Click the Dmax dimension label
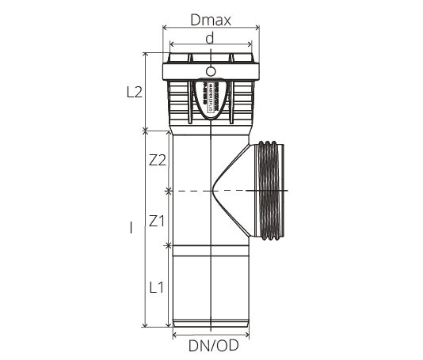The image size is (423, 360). [x=210, y=20]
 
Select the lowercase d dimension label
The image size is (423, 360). [x=209, y=37]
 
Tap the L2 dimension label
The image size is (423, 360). [x=134, y=92]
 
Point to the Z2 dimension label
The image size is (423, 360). [x=157, y=161]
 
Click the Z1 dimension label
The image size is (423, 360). [x=157, y=222]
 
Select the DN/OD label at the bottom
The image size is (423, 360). [x=212, y=344]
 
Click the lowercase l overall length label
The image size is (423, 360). [x=131, y=229]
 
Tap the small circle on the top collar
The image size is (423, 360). [x=210, y=72]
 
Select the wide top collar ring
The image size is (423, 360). [x=210, y=72]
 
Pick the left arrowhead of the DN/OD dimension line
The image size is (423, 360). [x=175, y=333]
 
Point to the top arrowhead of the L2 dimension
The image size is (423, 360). [x=146, y=55]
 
